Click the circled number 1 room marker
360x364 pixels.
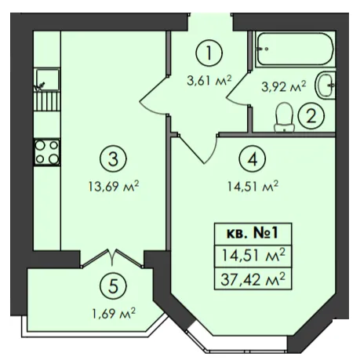coord(209,53)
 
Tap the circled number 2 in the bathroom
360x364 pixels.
coord(311,116)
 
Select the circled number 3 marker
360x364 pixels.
coord(113,158)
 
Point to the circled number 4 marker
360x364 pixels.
coord(253,159)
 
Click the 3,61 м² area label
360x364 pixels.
coord(209,80)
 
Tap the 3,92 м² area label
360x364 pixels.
coord(284,86)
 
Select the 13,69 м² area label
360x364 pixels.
coord(114,187)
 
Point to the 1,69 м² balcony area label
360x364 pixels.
coord(114,313)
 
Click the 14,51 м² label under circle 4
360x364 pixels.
coord(253,187)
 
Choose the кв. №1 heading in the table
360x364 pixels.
coord(253,234)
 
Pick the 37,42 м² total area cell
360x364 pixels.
coord(253,279)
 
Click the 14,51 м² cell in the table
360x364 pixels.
coord(253,255)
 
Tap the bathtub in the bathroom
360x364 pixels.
coord(295,49)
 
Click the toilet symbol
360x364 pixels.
coord(284,117)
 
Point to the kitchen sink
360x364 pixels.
coord(47,79)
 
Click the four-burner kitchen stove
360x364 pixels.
coord(47,152)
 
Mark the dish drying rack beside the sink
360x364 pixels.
coord(47,101)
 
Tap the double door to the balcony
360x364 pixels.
coord(112,258)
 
